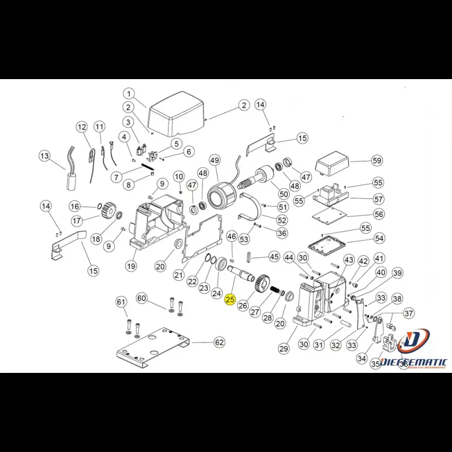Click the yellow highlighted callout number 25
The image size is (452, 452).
coord(229,301)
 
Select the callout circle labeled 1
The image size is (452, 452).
coord(128,94)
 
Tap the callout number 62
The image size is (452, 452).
coord(219,342)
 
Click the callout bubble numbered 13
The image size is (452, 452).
coord(45,155)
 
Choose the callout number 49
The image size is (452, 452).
coord(215,160)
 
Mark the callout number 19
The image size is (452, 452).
coord(131,266)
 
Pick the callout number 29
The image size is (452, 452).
coord(284,349)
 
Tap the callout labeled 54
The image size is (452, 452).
coord(379,238)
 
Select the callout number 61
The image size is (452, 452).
coord(121,303)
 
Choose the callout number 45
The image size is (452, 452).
coord(274,257)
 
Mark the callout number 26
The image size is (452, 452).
coord(243,306)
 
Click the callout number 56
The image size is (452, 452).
coord(379,214)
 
